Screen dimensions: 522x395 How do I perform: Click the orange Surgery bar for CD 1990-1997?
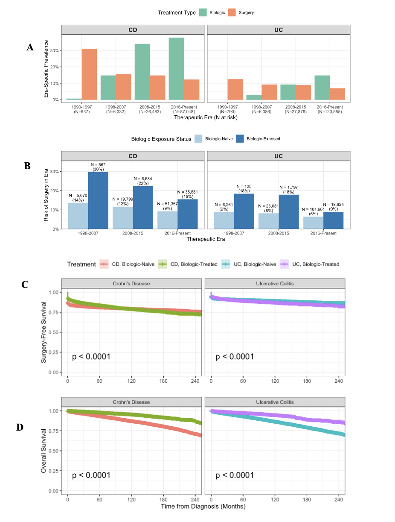tap(89, 74)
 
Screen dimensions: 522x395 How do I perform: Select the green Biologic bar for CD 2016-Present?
tap(176, 69)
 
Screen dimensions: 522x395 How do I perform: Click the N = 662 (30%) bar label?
tap(98, 167)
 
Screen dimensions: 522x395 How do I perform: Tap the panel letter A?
tap(30, 47)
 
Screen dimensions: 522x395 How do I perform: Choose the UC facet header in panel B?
tap(278, 156)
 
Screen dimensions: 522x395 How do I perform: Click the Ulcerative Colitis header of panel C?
tap(275, 284)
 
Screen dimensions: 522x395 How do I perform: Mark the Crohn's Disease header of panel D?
tap(131, 402)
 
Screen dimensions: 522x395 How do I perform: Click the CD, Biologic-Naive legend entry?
tap(127, 264)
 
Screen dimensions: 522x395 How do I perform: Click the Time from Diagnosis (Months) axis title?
tap(203, 507)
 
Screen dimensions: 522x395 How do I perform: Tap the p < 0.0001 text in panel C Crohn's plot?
tap(91, 357)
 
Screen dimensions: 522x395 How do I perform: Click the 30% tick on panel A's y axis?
tap(54, 50)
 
